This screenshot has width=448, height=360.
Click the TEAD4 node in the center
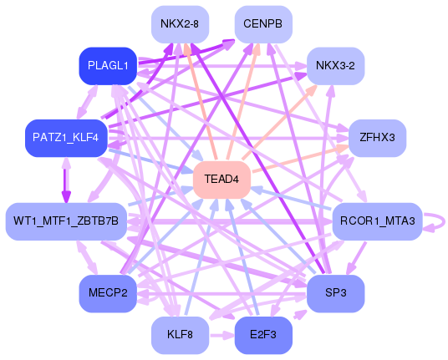(x=221, y=180)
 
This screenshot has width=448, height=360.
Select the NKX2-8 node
(x=179, y=24)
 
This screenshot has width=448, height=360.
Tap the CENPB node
(x=263, y=24)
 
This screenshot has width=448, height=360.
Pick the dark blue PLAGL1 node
(x=107, y=66)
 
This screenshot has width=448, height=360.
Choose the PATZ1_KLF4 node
(x=65, y=136)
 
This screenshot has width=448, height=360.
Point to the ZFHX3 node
(x=377, y=136)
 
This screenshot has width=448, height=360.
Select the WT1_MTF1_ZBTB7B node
(x=66, y=221)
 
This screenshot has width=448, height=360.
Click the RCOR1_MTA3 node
(x=377, y=221)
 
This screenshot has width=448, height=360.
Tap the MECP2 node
(x=107, y=292)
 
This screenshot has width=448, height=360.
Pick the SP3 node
(x=335, y=292)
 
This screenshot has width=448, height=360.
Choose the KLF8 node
(x=179, y=335)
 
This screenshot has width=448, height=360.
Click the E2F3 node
(x=263, y=335)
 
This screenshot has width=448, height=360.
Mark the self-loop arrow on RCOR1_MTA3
(x=436, y=221)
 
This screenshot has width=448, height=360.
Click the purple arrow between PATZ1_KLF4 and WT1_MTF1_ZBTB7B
(x=65, y=179)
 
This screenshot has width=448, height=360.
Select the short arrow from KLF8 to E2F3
(x=221, y=335)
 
